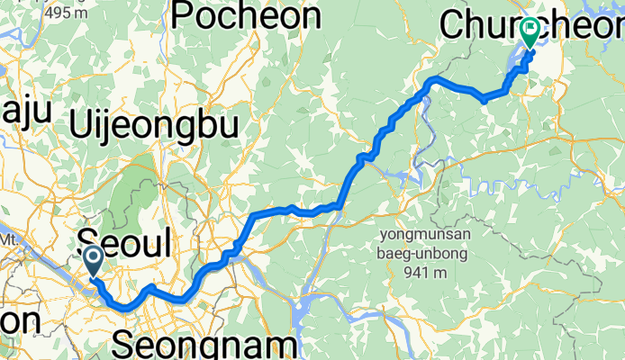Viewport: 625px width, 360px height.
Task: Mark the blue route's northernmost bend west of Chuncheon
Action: click(434, 80)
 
